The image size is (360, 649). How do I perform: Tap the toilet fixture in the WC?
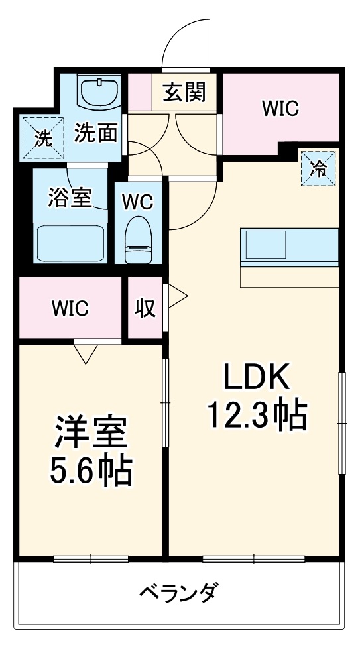pyautogui.click(x=139, y=239)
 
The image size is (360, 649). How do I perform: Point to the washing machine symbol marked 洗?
pyautogui.click(x=42, y=139)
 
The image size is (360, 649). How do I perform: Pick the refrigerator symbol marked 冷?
pyautogui.click(x=319, y=168)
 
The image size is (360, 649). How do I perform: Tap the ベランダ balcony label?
pyautogui.click(x=179, y=592)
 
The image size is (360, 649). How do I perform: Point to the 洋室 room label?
pyautogui.click(x=91, y=434)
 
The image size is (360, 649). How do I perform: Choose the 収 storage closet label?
pyautogui.click(x=146, y=308)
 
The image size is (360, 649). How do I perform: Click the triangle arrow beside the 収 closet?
pyautogui.click(x=176, y=297)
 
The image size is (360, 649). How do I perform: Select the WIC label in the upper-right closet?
pyautogui.click(x=280, y=109)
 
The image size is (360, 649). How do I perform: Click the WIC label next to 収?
pyautogui.click(x=71, y=309)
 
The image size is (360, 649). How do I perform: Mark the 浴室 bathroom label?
pyautogui.click(x=70, y=197)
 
